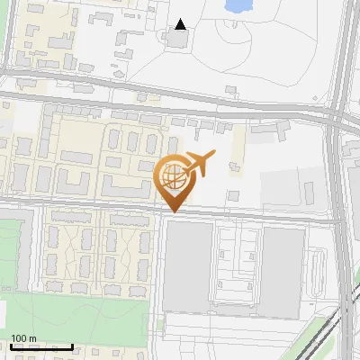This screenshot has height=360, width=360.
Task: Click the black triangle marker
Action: (x=182, y=24)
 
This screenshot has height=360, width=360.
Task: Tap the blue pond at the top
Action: (x=238, y=6)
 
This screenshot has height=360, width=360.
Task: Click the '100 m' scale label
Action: (x=24, y=338)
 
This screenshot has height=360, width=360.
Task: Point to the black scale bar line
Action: (x=41, y=346)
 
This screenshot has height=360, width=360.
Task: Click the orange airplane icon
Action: (x=198, y=164)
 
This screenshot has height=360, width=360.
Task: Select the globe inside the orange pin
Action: (x=175, y=177)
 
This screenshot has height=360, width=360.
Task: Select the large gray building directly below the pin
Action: (x=188, y=262)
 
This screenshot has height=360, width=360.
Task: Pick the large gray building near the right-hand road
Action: (x=283, y=271)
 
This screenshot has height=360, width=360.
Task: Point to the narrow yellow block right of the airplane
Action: (x=237, y=148)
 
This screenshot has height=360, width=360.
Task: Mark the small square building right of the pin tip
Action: (x=233, y=195)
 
